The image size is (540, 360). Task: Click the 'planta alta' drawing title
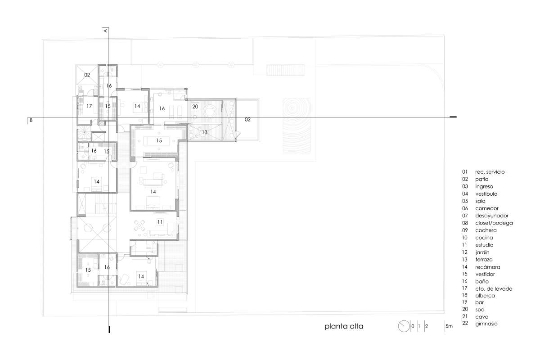pos(344,327)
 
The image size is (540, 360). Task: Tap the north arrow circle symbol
pos(404,326)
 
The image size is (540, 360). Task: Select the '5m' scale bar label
pos(449,326)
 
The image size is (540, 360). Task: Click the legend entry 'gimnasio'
pos(486,324)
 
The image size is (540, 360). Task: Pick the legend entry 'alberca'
pos(485,296)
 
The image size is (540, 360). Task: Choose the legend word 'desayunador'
pos(492,216)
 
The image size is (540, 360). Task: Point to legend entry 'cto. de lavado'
pos(494,288)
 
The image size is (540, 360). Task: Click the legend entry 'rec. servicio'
pos(490,172)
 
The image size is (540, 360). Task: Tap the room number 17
pos(89,106)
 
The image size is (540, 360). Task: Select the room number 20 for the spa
pos(195,106)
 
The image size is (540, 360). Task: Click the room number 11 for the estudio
pos(160,222)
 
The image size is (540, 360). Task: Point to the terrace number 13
pos(204,132)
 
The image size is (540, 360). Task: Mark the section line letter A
pos(105,31)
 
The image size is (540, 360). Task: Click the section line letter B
pos(31,120)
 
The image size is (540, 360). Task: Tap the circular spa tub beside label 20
pos(209,112)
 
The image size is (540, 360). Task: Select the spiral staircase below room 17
pos(85,132)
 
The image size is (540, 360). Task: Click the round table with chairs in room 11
pos(139,226)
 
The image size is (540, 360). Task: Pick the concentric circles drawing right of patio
pos(297,126)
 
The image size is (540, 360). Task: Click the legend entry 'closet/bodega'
pos(494,223)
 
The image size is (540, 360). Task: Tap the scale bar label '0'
pos(413,326)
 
